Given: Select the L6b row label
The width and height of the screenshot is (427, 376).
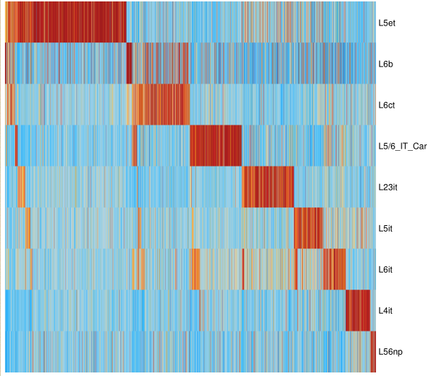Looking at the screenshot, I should coord(386,64).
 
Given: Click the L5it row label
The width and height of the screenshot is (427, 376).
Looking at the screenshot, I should coord(387,229).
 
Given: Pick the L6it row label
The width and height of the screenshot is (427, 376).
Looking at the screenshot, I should coord(387,270).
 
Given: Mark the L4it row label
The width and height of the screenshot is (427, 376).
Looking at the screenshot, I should coord(387,311).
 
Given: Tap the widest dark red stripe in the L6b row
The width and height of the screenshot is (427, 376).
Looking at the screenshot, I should coord(130,64).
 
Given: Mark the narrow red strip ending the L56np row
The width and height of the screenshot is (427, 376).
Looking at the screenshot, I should coord(372,352).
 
